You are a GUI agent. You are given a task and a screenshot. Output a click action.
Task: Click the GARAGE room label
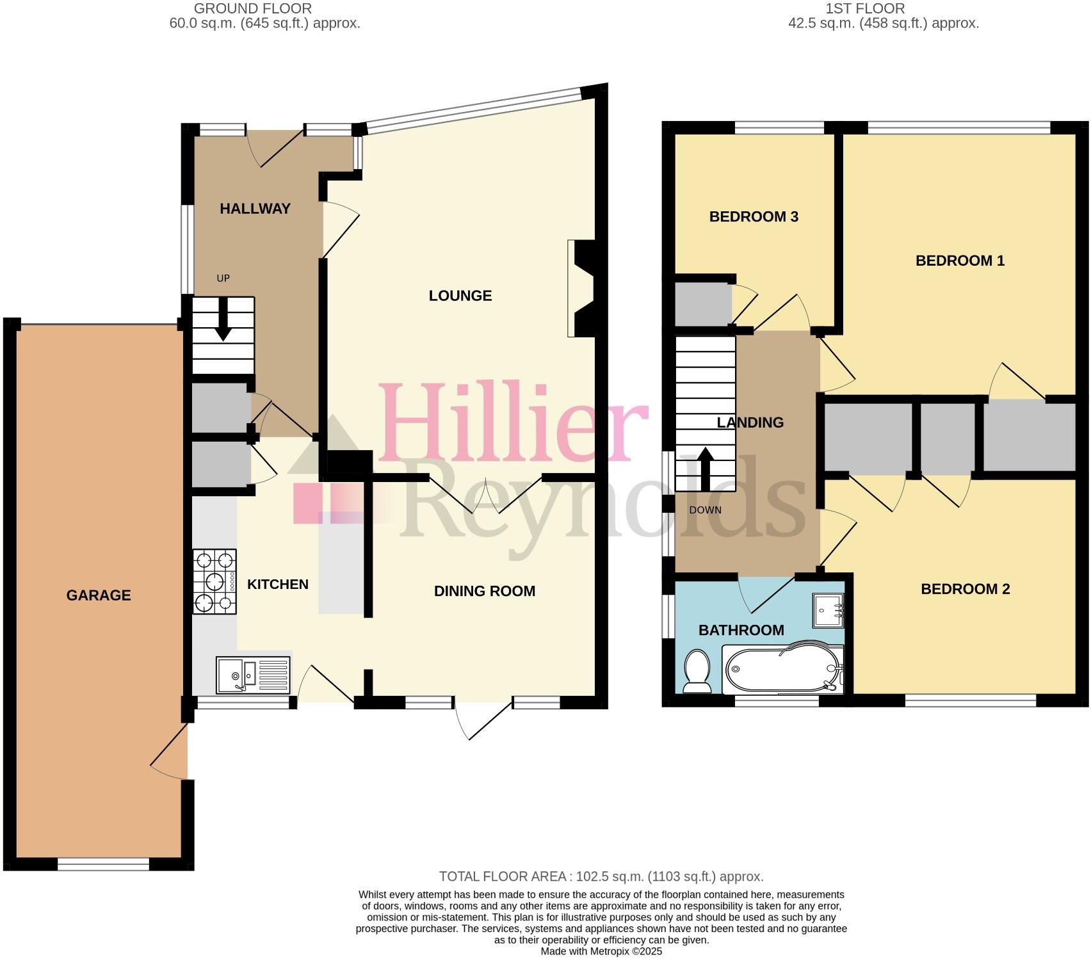click(x=99, y=595)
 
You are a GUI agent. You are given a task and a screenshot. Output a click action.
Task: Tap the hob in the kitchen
click(x=214, y=581)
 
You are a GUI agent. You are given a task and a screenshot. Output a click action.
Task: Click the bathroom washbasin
click(x=829, y=610)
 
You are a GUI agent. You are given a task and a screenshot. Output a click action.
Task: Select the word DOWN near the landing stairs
click(x=705, y=510)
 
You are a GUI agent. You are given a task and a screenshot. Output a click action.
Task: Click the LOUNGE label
click(x=460, y=296)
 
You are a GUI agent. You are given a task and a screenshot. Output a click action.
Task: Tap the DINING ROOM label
click(x=485, y=591)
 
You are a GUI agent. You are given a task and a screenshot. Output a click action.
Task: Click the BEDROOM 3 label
click(x=754, y=216)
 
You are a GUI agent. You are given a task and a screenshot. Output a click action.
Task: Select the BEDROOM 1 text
click(x=960, y=261)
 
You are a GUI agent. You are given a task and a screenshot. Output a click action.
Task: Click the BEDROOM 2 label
click(x=965, y=589)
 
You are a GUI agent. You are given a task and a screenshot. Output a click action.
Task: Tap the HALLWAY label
click(x=255, y=209)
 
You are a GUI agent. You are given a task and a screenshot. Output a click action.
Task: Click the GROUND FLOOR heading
click(x=253, y=8)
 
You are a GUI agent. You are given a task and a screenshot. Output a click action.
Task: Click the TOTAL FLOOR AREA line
click(x=601, y=876)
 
